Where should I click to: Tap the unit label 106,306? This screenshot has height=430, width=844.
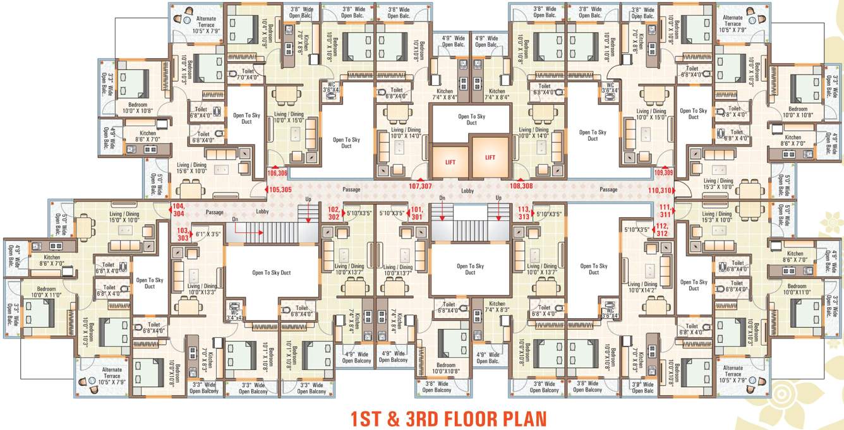(x=277, y=172)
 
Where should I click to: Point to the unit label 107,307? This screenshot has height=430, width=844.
(x=420, y=186)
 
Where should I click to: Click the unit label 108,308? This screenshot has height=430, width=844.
(x=522, y=186)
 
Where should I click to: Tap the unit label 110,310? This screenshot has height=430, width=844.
(x=660, y=189)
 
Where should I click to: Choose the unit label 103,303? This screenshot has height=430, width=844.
(x=182, y=234)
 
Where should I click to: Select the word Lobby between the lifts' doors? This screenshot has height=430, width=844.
(x=467, y=190)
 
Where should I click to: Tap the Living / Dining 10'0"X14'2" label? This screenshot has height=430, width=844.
(x=642, y=287)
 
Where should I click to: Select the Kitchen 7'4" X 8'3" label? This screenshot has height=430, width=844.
(x=496, y=307)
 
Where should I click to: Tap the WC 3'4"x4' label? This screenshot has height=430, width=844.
(x=234, y=315)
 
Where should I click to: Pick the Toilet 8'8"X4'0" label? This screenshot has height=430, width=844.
(x=692, y=71)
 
